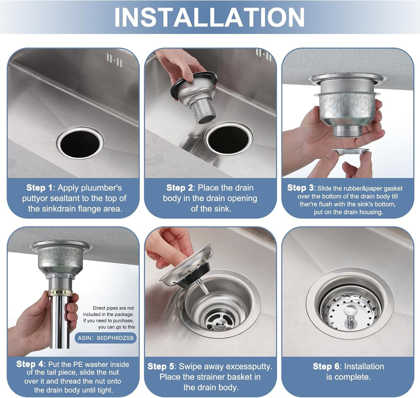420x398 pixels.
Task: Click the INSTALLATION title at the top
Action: tap(209, 17)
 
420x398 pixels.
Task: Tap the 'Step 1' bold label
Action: tap(40, 188)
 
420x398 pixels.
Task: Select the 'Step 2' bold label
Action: tap(179, 188)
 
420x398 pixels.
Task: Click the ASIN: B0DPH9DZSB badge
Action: tap(106, 338)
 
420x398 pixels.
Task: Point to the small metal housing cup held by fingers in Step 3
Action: tap(350, 151)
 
